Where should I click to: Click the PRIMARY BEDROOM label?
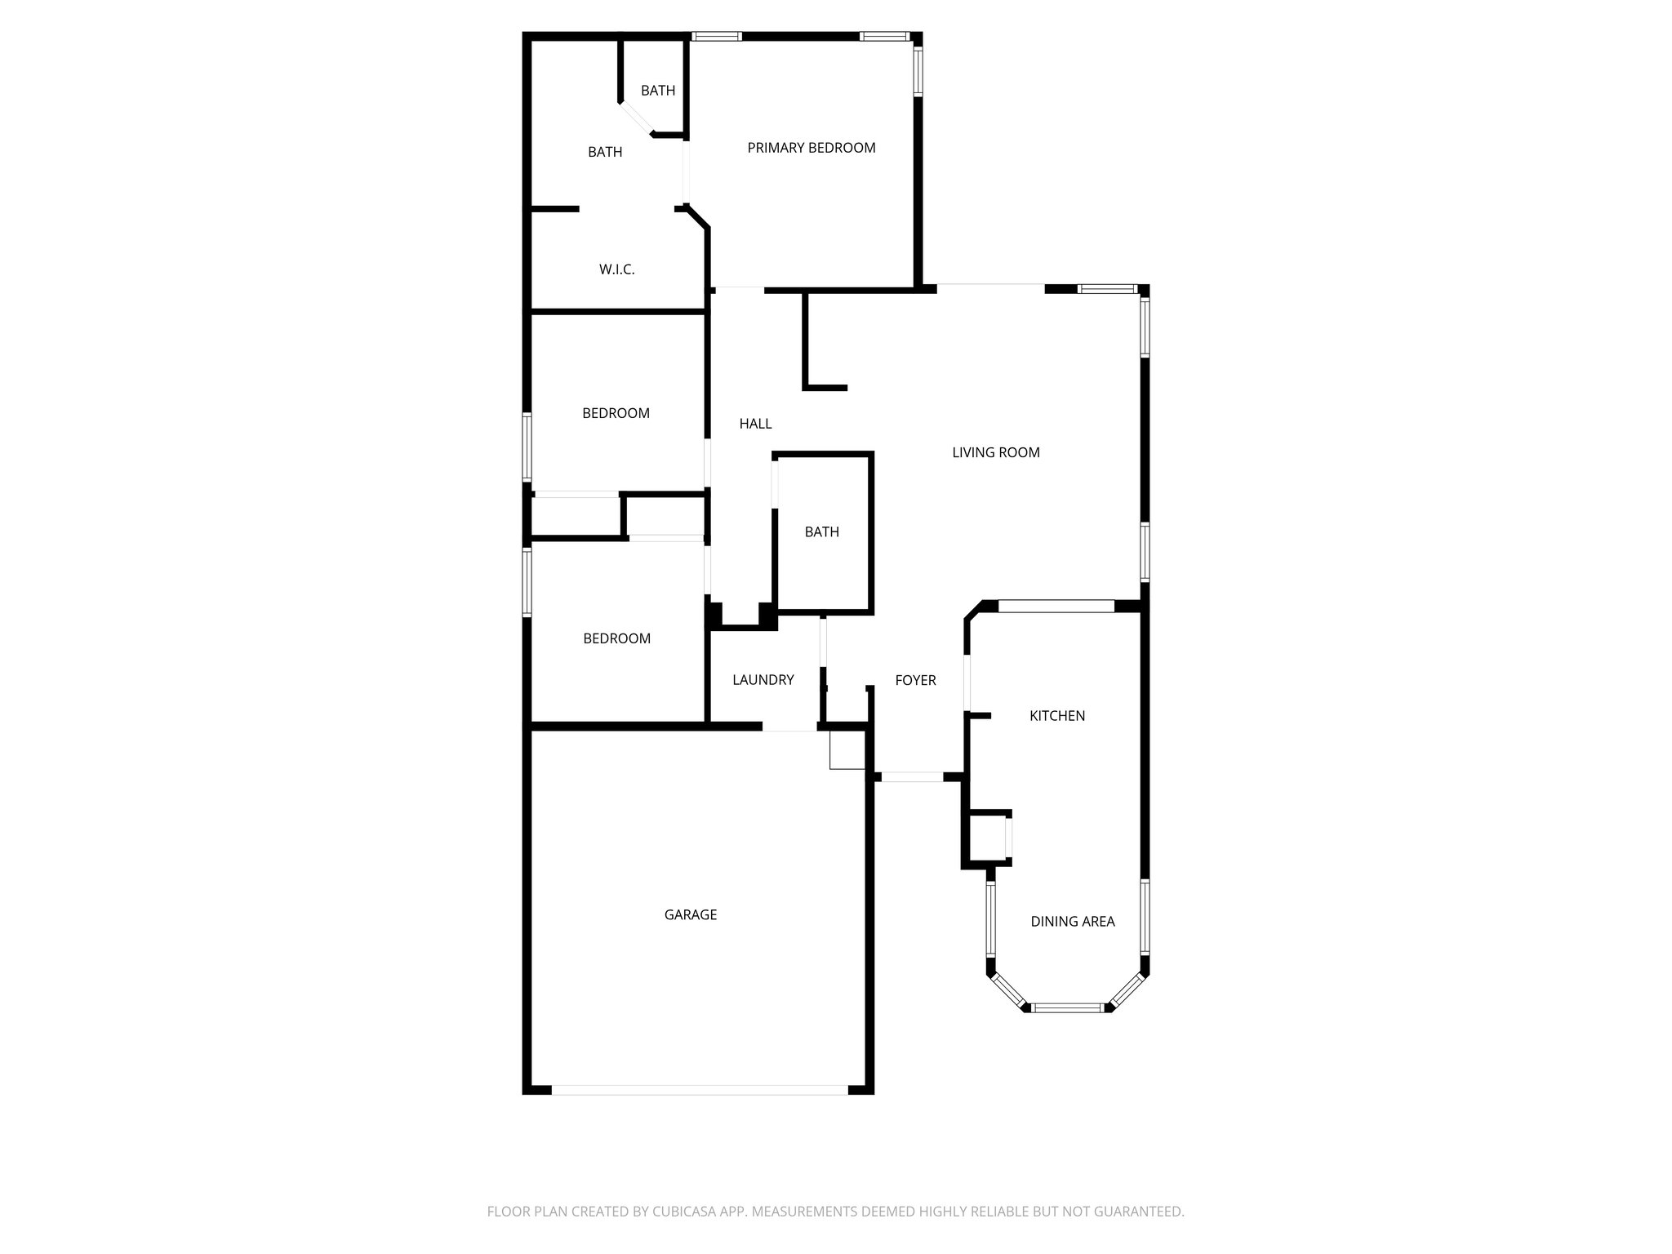812,148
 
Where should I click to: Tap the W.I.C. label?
617,269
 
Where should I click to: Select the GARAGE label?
691,914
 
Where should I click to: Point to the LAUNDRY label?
763,679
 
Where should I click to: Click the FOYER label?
915,680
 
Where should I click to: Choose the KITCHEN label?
1057,716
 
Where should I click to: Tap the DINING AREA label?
1072,922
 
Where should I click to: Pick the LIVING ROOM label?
996,452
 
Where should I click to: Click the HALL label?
755,424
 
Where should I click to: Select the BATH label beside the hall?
822,531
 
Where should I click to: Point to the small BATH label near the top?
658,91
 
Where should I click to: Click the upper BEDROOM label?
616,413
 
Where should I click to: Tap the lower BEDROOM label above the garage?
616,638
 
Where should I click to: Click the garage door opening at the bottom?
700,1089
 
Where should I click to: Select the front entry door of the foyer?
913,777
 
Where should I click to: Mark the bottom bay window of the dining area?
1068,1007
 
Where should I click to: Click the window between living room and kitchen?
1056,606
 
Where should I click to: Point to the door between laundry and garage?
789,726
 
